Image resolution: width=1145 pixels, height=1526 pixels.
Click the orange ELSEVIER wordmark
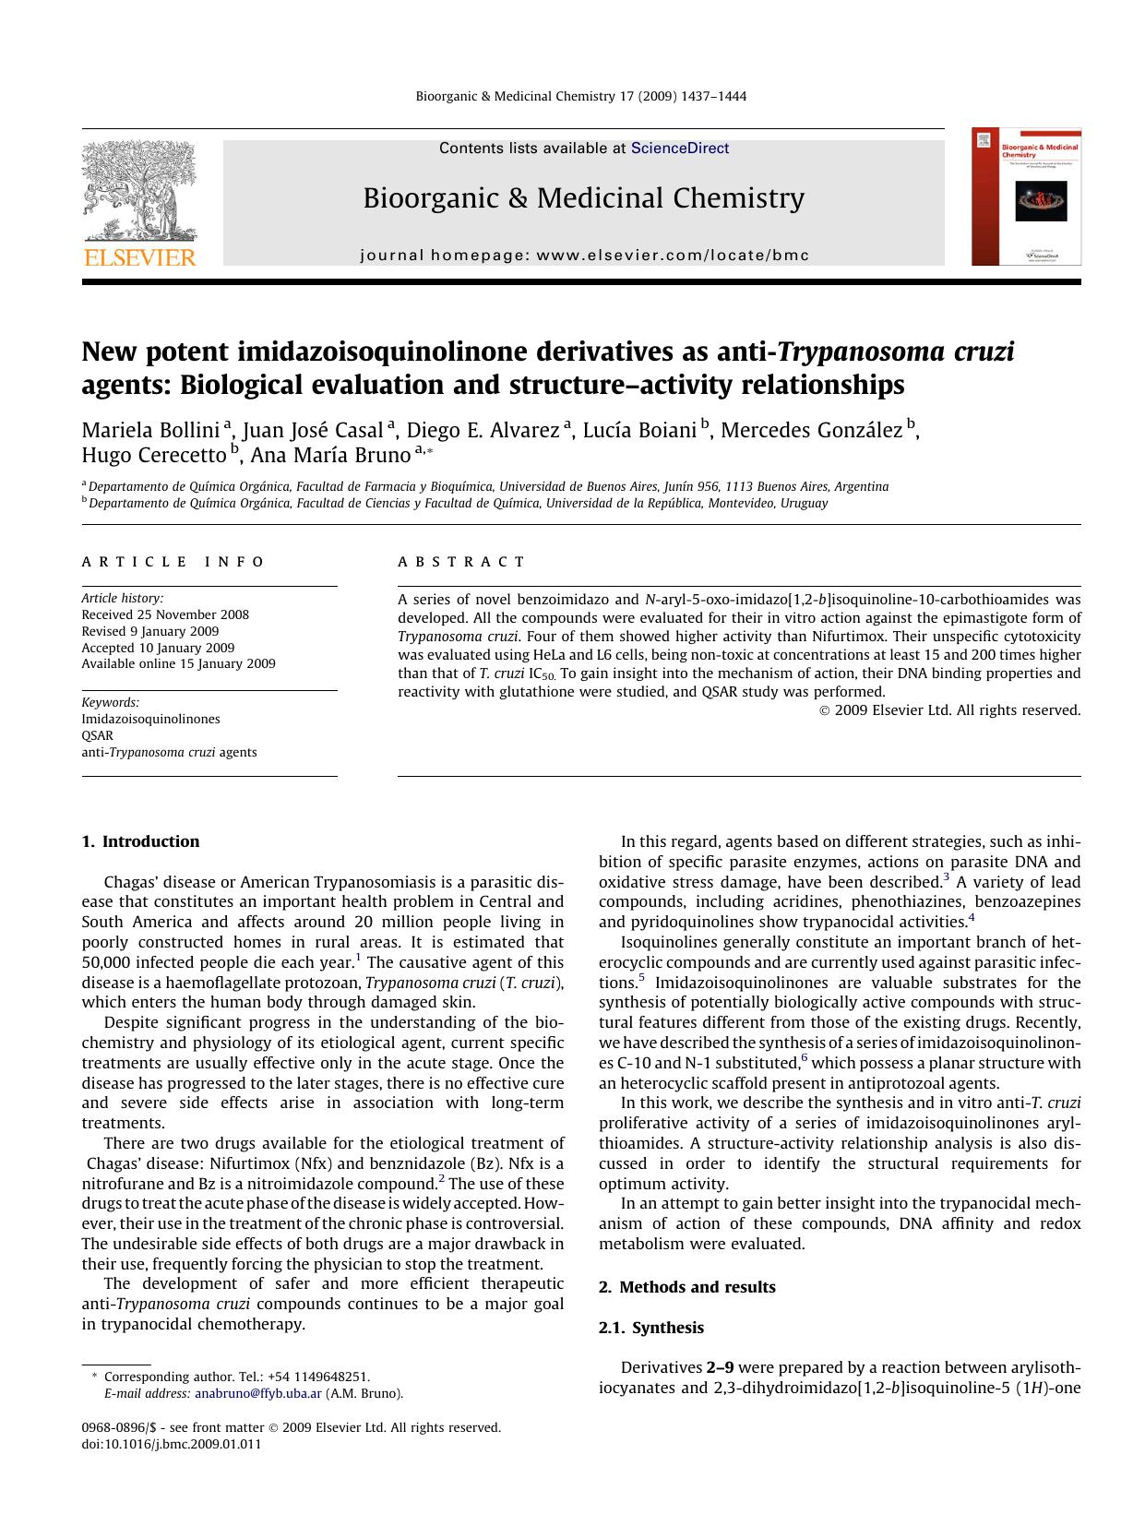click(x=139, y=257)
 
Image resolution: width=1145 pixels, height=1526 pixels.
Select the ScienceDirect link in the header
click(x=680, y=149)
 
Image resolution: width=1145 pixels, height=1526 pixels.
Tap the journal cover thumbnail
click(x=1026, y=197)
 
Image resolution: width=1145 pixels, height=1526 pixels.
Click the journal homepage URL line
click(x=584, y=256)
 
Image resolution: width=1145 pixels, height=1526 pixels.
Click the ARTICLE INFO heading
click(x=173, y=562)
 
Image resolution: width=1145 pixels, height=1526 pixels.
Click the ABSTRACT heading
click(x=461, y=562)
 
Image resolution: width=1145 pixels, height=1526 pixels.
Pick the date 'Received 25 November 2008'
click(x=165, y=614)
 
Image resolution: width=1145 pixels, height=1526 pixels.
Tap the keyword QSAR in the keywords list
click(x=97, y=735)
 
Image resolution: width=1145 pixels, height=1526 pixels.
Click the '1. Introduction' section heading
click(x=140, y=841)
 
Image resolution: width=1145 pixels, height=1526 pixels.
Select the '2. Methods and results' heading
click(x=686, y=1287)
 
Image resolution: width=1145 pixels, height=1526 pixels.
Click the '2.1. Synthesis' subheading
click(x=650, y=1328)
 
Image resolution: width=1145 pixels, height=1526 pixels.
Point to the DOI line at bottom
click(x=172, y=1445)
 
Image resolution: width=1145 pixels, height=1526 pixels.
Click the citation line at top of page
click(x=580, y=97)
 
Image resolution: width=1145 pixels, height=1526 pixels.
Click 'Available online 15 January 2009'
click(x=178, y=663)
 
